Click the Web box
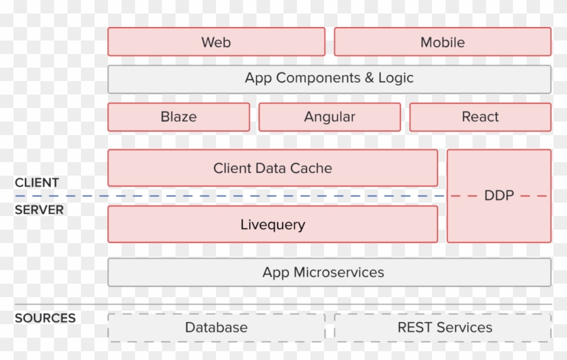pos(216,42)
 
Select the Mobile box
pos(443,42)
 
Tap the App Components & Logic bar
pos(329,78)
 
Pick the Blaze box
pos(179,117)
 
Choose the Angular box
pos(329,117)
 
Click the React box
pos(480,117)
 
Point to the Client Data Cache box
pos(273,168)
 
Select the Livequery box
pos(273,224)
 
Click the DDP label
pos(499,196)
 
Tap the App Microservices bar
pos(329,272)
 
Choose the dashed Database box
pos(216,328)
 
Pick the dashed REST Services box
pos(443,328)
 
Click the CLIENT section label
pos(36,182)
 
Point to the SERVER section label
pos(39,210)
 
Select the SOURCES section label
pos(45,318)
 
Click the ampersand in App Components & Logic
pos(369,78)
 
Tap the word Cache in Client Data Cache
pos(311,168)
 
